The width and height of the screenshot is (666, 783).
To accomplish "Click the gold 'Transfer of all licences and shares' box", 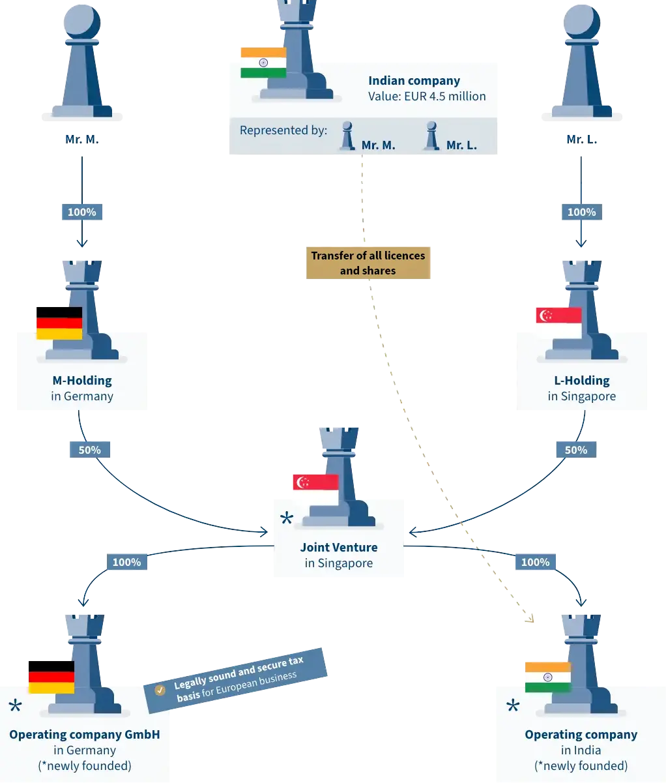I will click(x=368, y=263).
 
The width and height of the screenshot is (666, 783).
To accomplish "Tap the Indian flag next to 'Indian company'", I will click(x=263, y=63).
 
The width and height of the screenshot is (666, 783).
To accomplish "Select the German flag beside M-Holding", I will click(x=59, y=323).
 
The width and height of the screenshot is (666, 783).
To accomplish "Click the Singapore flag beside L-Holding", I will click(x=558, y=316).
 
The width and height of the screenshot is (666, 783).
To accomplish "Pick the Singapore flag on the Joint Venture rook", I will click(x=315, y=482).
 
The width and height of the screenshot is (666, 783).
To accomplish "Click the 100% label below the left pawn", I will click(x=82, y=212).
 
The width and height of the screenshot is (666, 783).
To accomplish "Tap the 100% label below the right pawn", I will click(x=581, y=212).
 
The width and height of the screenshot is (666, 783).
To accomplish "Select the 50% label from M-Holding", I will click(x=90, y=450).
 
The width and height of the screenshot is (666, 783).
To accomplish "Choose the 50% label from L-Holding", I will click(x=572, y=450).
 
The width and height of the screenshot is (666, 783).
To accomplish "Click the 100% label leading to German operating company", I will click(x=126, y=562).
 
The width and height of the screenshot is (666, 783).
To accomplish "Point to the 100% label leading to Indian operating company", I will click(x=535, y=562).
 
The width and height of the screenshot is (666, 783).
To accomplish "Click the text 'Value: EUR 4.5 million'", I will click(x=427, y=96).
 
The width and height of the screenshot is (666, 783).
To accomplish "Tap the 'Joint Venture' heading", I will click(x=338, y=548).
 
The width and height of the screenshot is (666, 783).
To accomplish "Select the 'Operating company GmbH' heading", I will click(x=85, y=735).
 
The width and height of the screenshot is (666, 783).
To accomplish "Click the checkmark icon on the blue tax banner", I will click(x=160, y=690).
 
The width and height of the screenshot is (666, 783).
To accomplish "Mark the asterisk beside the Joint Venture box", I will click(x=286, y=520).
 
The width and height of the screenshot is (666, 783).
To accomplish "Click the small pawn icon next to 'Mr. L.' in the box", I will click(x=430, y=136).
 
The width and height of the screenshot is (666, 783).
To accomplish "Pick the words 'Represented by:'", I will click(x=283, y=130).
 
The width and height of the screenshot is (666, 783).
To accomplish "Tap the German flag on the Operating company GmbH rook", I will click(x=51, y=677).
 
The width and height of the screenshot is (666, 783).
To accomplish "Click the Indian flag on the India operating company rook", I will click(x=547, y=677).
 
